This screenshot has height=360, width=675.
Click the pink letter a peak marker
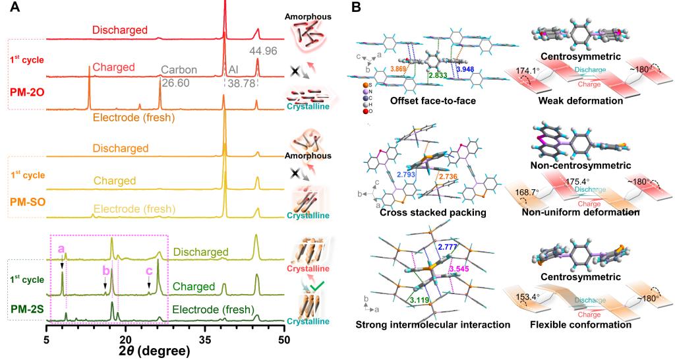pos(61,249)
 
